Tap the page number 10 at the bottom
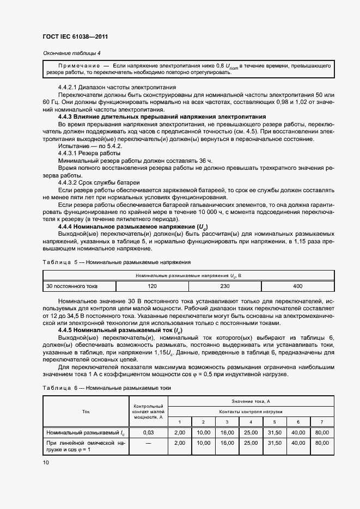pos(45,462)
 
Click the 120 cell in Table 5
pos(152,286)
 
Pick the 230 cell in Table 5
pos(224,286)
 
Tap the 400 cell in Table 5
pos(297,286)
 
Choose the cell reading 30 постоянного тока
pos(72,286)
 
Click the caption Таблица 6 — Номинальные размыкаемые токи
pos(106,388)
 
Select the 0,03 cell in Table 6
pos(148,432)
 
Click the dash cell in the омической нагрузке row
pos(148,444)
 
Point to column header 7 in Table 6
pos(322,422)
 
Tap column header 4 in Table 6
pos(251,422)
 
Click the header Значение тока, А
pos(251,401)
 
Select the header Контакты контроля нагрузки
pos(251,412)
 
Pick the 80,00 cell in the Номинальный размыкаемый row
pos(322,432)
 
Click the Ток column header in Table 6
pos(86,412)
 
